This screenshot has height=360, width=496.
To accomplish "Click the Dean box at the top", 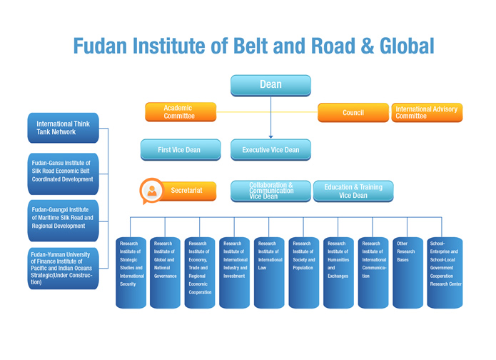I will [x=270, y=85].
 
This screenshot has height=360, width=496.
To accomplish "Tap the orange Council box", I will [x=353, y=112].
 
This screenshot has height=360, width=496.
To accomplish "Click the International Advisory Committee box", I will [x=427, y=112].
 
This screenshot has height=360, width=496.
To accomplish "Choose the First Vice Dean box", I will [x=179, y=150].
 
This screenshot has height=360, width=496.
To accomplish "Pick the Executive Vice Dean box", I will [x=270, y=150].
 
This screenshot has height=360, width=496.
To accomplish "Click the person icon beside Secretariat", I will [x=151, y=191].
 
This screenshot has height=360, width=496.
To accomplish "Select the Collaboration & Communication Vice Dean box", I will [x=270, y=191].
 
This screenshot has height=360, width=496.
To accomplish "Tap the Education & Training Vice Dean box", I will [x=353, y=191].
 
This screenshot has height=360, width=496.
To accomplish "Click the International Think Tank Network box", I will [x=64, y=128].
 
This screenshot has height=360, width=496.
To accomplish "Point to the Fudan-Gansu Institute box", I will [x=64, y=171].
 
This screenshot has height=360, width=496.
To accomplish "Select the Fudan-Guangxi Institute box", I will [x=64, y=217].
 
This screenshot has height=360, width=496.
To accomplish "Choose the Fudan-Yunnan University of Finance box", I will [x=64, y=268].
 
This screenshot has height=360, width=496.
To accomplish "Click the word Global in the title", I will [x=399, y=46].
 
